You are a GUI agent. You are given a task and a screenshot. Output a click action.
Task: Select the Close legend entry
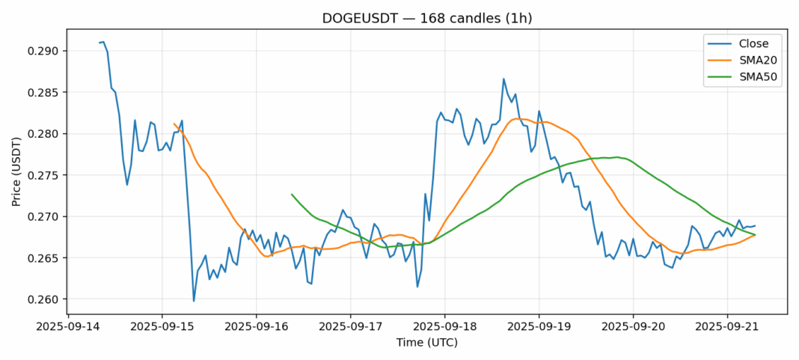pyautogui.click(x=744, y=43)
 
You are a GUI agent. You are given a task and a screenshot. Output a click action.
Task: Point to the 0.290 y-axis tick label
pyautogui.click(x=43, y=52)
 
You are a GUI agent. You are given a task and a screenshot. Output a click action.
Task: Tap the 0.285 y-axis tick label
pyautogui.click(x=43, y=93)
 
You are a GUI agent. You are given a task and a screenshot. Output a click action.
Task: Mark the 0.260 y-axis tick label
pyautogui.click(x=43, y=299)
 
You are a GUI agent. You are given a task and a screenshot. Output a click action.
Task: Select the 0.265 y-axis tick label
pyautogui.click(x=43, y=258)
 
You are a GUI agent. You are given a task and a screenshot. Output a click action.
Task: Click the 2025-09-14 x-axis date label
pyautogui.click(x=68, y=327)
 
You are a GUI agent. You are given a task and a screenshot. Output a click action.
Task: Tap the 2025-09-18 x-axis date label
pyautogui.click(x=444, y=327)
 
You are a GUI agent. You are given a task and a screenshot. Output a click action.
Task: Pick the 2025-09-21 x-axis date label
pyautogui.click(x=727, y=327)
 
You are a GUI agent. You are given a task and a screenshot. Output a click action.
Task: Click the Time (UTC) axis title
pyautogui.click(x=426, y=343)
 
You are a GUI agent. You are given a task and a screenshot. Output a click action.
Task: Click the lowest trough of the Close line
pyautogui.click(x=194, y=301)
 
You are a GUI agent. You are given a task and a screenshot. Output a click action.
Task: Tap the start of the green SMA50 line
pyautogui.click(x=292, y=195)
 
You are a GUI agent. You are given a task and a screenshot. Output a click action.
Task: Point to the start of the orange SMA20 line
pyautogui.click(x=174, y=124)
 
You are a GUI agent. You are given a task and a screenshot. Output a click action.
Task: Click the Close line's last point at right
pyautogui.click(x=755, y=226)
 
